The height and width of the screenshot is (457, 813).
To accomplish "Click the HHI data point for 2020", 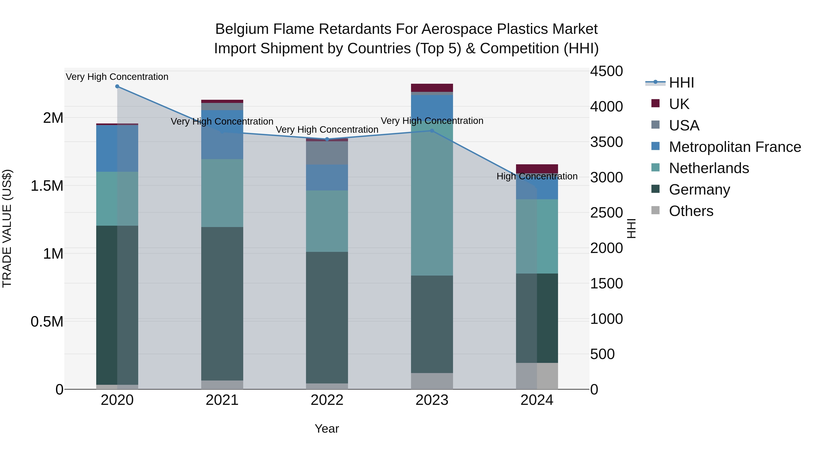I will pyautogui.click(x=117, y=86).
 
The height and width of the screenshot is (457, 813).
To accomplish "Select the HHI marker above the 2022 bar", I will pyautogui.click(x=327, y=139).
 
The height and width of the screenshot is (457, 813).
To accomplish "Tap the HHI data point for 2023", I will pyautogui.click(x=432, y=131).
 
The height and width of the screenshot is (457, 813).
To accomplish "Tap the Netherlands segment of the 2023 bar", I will pyautogui.click(x=432, y=202).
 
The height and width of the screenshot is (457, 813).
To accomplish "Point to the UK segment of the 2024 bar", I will pyautogui.click(x=537, y=168).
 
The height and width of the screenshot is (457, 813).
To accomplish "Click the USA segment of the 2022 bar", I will pyautogui.click(x=327, y=153).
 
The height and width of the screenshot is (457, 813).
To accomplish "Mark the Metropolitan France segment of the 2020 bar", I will pyautogui.click(x=117, y=148).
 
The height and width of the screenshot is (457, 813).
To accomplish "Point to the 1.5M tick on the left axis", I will pyautogui.click(x=47, y=186).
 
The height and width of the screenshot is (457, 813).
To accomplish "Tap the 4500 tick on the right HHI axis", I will pyautogui.click(x=606, y=71).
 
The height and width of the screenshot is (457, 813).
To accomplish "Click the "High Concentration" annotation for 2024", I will pyautogui.click(x=537, y=176).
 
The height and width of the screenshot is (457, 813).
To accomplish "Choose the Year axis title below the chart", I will pyautogui.click(x=327, y=429).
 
